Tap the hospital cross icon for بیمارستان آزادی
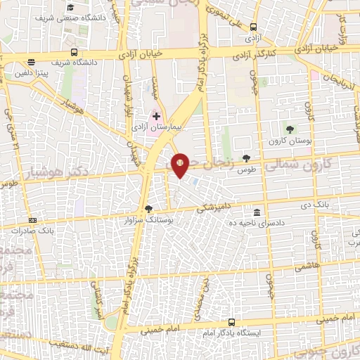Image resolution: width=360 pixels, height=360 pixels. [x=157, y=115]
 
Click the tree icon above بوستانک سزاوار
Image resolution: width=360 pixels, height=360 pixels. [x=148, y=208]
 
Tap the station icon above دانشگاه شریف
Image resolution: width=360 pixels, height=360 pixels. [x=74, y=52]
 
